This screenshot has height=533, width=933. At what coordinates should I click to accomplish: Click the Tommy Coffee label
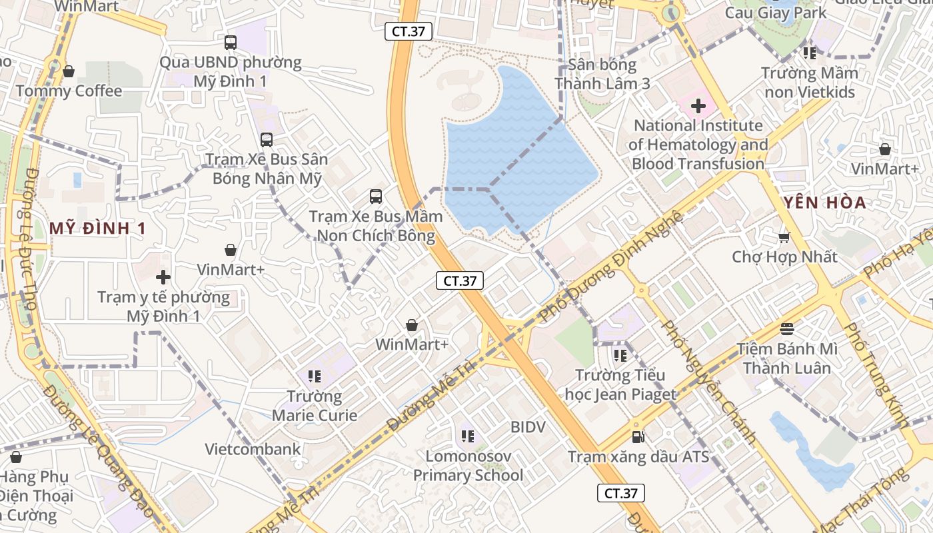(69, 91)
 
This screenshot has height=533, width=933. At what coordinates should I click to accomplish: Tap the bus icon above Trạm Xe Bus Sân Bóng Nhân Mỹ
(267, 140)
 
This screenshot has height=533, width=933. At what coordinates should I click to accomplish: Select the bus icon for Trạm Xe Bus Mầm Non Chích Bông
(376, 197)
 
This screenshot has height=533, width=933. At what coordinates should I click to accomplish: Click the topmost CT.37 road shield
(409, 31)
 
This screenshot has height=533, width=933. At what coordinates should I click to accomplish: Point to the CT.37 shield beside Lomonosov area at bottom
(620, 493)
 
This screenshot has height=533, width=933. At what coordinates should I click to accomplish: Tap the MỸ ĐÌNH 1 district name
(97, 229)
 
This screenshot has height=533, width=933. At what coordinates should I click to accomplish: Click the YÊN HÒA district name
(824, 203)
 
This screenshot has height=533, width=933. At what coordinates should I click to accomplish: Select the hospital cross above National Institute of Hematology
(698, 106)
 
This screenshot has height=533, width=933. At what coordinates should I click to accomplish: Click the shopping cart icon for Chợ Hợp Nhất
(784, 237)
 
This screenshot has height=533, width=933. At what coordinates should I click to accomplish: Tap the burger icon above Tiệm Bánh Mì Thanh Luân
(787, 328)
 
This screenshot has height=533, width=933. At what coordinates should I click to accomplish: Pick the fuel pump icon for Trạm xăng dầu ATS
(638, 438)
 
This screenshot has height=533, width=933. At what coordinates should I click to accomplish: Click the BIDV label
(528, 427)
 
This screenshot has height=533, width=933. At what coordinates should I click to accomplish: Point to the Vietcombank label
(253, 449)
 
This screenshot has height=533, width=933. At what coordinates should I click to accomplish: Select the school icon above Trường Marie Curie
(315, 377)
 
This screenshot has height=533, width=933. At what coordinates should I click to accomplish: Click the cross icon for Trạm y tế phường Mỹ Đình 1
(163, 277)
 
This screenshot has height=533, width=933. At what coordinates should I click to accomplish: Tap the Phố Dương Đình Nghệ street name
(612, 266)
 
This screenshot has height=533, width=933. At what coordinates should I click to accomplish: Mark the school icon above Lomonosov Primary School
(468, 437)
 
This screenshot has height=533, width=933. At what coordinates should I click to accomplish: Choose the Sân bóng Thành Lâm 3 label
(602, 74)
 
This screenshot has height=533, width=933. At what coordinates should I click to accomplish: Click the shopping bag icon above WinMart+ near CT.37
(412, 325)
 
